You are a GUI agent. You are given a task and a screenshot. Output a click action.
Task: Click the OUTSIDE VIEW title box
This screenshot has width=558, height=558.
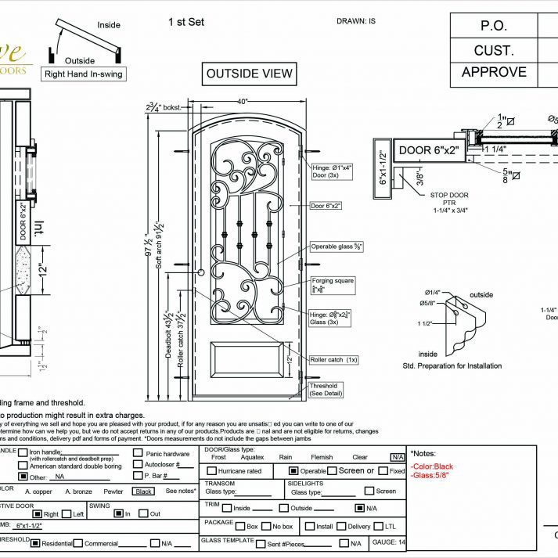249,74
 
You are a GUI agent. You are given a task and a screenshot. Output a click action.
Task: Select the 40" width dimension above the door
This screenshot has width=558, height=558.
243,102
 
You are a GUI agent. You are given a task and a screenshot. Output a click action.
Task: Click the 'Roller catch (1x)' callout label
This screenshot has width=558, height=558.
333,359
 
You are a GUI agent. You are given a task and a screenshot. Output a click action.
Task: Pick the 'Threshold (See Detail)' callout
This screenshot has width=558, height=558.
323,389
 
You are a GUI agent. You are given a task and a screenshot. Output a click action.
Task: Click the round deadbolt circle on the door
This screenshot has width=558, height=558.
201,272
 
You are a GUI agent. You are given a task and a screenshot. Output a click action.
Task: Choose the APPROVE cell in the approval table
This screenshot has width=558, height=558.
494,72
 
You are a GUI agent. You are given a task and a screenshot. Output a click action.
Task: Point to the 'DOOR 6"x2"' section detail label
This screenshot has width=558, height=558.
427,150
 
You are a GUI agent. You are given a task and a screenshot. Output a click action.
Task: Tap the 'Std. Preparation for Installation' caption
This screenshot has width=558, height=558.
452,365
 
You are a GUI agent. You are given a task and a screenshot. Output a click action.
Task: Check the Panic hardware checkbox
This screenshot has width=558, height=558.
138,453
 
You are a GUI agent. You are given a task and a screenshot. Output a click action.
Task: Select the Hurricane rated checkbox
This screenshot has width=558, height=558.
212,471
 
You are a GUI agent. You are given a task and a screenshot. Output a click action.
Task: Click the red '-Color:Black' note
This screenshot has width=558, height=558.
432,466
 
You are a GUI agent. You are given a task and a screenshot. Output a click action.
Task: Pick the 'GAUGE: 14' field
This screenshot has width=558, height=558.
389,542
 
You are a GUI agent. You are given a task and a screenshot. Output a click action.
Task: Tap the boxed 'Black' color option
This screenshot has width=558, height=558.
143,491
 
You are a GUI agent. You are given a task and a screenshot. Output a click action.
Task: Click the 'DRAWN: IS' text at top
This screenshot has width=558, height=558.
356,20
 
